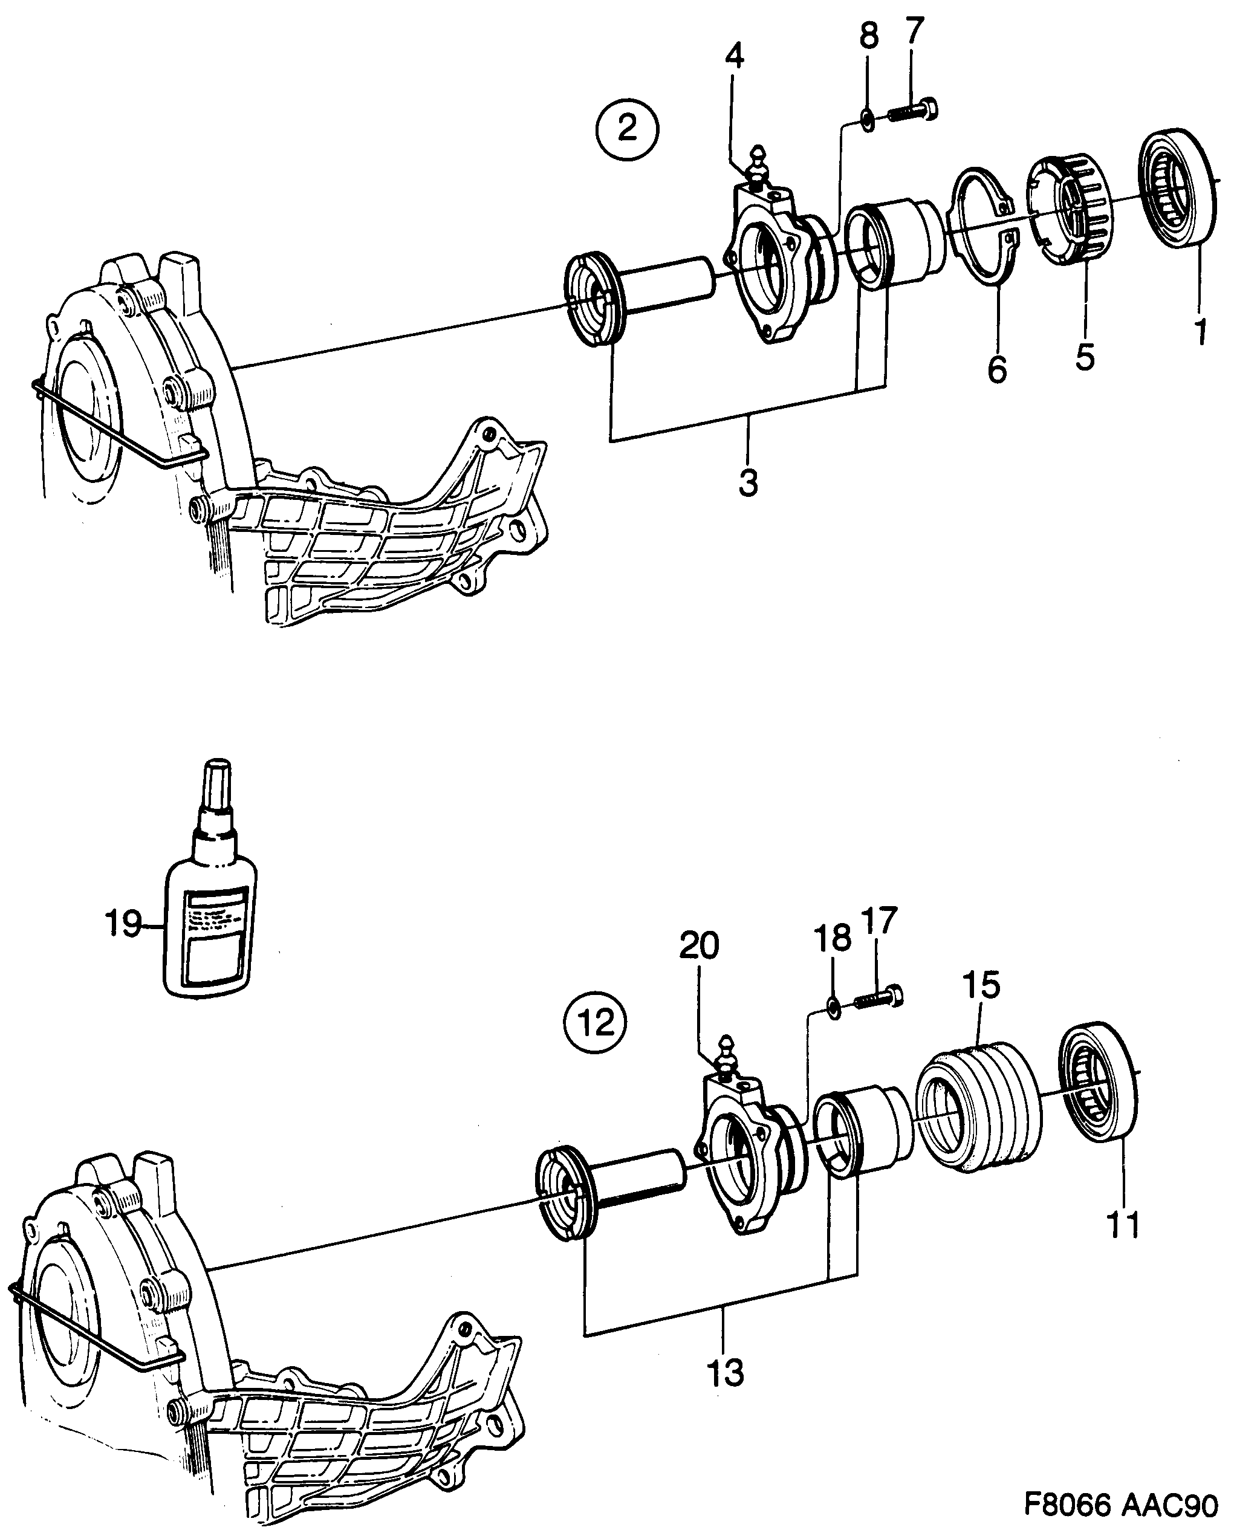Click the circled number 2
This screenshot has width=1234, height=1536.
(x=627, y=129)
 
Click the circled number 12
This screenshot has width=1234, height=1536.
(x=595, y=1024)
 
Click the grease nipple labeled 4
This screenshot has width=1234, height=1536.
(x=758, y=167)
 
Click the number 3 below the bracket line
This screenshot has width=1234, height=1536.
(x=748, y=484)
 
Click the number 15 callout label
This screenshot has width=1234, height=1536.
(x=981, y=985)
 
